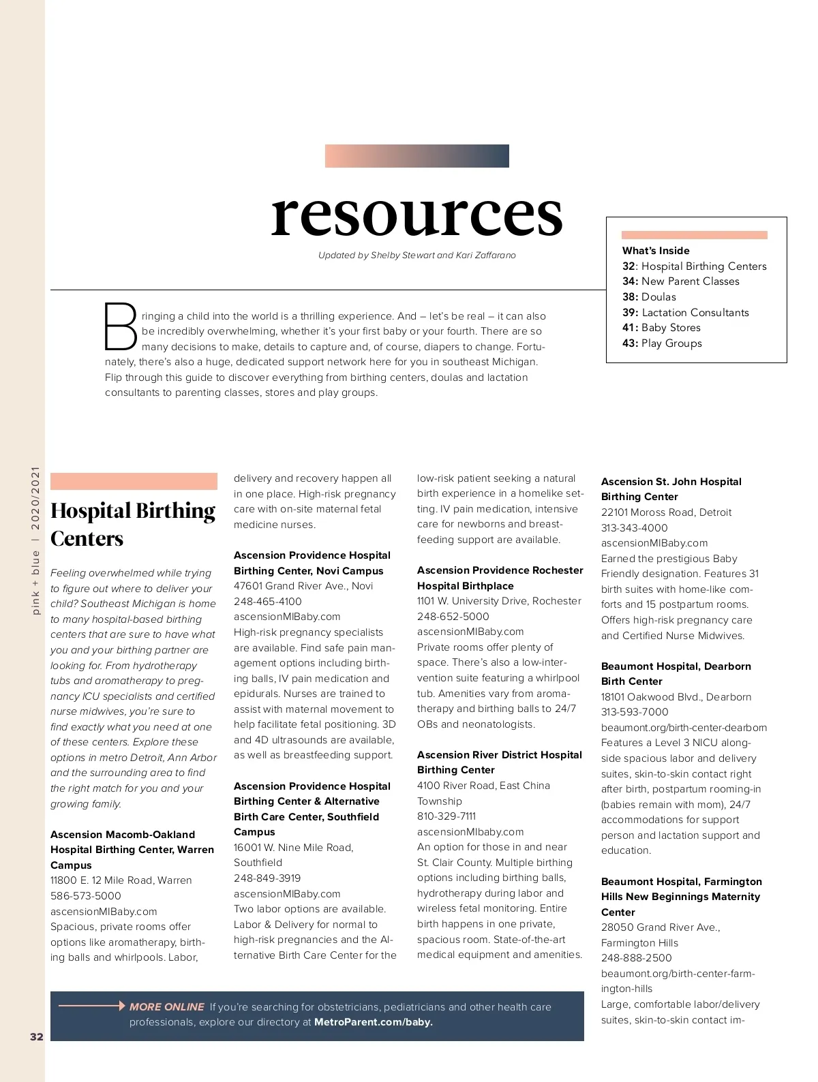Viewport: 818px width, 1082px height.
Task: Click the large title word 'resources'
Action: coord(416,213)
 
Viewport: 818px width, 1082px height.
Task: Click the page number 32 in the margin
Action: coord(36,1036)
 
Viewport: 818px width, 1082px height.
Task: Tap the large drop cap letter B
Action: coord(121,326)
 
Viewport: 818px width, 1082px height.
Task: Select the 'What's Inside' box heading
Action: coord(656,251)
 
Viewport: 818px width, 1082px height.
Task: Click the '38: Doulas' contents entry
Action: coord(649,297)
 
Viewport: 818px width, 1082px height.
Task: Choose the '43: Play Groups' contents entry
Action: coord(662,343)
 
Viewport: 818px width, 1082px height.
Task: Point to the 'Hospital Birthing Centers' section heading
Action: coord(133,524)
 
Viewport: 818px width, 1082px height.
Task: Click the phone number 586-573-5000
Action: coord(85,896)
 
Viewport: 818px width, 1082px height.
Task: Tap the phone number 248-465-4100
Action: coord(267,602)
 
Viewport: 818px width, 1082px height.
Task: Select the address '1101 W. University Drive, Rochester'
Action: coord(499,601)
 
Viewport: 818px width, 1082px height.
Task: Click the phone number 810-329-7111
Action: coord(446,816)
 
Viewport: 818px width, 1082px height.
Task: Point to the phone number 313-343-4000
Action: coord(634,528)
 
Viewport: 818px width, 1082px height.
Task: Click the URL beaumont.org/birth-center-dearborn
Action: coord(684,728)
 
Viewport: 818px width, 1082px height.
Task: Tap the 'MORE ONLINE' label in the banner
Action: coord(166,1006)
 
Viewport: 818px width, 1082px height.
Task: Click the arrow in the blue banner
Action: coord(92,1006)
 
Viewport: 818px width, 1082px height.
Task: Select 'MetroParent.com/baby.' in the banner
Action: coord(373,1022)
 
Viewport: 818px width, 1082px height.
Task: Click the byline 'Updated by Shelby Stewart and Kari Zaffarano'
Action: coord(416,256)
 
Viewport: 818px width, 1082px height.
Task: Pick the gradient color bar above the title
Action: coord(416,156)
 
